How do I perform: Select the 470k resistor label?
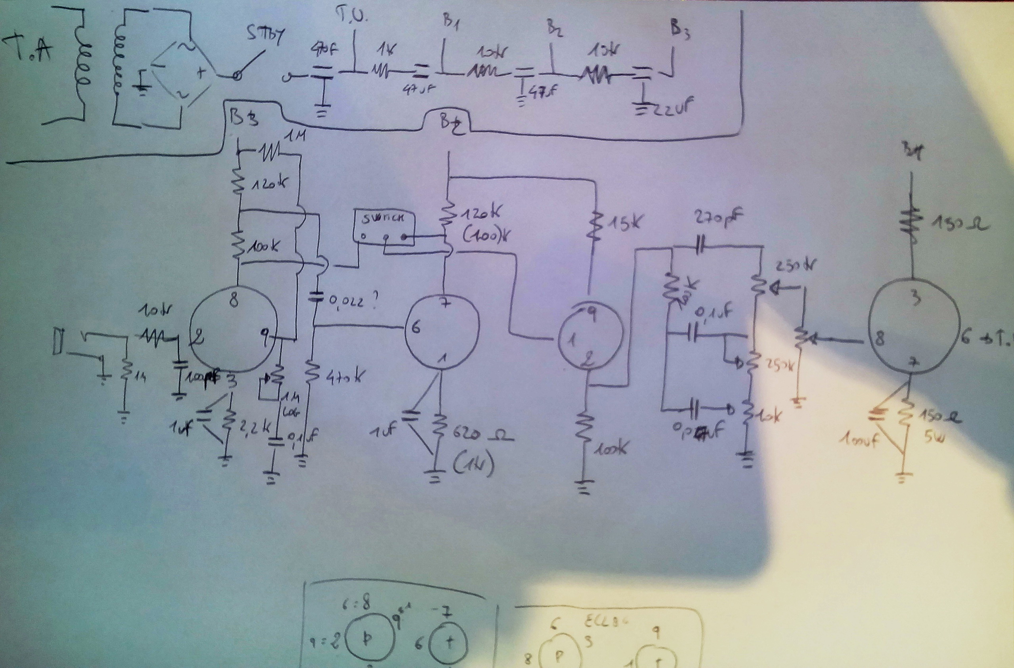(x=345, y=377)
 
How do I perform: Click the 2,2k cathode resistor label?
(x=251, y=426)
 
